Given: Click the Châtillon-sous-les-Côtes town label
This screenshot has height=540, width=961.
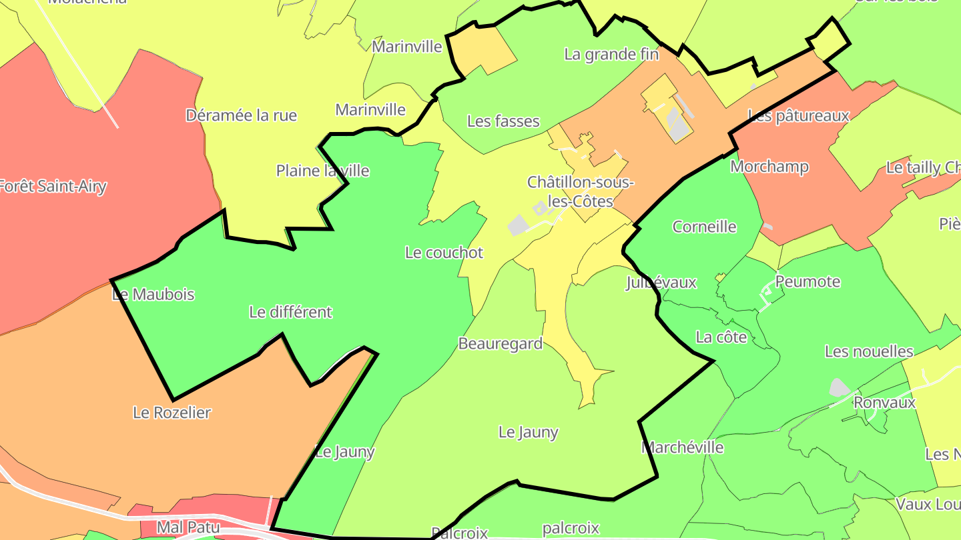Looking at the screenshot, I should pos(579,191).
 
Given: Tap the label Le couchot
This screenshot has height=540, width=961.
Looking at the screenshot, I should pos(444,253).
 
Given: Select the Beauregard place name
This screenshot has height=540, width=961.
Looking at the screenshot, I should pos(500,343).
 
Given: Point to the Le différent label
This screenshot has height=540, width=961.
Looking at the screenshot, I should pos(290,311).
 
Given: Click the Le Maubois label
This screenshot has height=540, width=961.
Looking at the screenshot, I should pos(153,294).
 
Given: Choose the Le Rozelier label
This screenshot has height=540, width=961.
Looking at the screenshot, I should pos(172,412).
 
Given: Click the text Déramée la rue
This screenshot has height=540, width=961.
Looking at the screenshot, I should pos(241,115).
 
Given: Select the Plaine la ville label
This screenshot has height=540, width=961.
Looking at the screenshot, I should pos(322,171).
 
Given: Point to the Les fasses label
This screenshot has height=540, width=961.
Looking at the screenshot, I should pos(503,121).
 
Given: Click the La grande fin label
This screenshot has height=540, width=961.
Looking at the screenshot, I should pos(611,54).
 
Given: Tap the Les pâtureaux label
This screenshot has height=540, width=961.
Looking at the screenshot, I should pos(799,116).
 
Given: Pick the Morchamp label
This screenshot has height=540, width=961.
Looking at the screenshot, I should pos(769,166).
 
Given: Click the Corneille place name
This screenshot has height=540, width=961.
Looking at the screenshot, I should pos(704,227).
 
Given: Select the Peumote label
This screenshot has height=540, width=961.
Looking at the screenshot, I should pos(808,281).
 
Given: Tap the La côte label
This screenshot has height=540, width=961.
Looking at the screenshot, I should pos(721,337).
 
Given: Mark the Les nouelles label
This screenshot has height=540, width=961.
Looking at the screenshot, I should pos(869,351).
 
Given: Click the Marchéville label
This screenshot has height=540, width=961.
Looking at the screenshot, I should pos(683,447).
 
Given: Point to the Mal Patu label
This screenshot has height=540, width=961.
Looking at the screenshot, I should pos(188,527).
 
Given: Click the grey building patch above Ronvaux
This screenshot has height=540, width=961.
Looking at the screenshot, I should pos(839,387).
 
